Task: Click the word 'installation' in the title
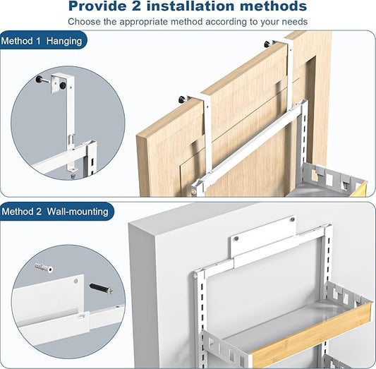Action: click(190, 6)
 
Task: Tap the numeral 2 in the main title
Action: click(136, 6)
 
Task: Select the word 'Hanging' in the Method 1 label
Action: click(64, 42)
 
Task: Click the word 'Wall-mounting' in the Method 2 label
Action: click(78, 212)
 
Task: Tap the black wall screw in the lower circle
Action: click(101, 288)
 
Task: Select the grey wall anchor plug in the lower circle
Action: click(44, 267)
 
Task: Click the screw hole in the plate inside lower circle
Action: click(75, 281)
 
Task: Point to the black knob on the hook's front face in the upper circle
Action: click(63, 85)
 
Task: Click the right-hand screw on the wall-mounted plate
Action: click(292, 219)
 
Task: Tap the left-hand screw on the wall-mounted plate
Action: click(236, 238)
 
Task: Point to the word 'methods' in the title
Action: click(274, 6)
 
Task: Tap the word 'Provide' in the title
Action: click(97, 6)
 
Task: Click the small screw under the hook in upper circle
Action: click(73, 176)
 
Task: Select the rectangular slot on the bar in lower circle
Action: click(82, 317)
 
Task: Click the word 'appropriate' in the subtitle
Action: click(144, 22)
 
